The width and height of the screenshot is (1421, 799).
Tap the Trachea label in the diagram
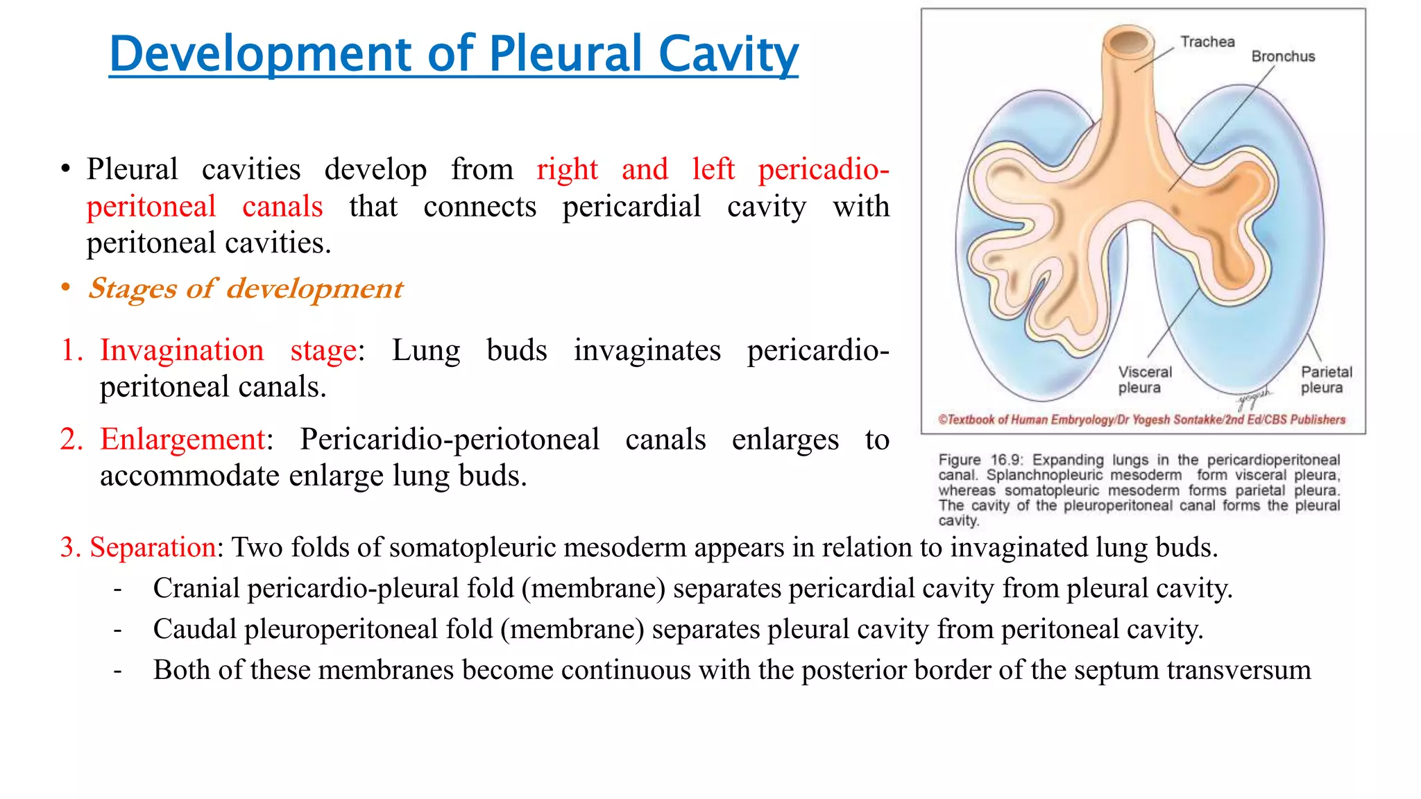point(1207,42)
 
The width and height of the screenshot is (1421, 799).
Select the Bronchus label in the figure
point(1283,56)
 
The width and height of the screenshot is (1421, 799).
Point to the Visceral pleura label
point(1144,379)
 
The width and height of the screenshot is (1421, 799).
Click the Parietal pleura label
point(1326,379)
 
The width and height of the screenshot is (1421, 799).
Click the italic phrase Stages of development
point(245,289)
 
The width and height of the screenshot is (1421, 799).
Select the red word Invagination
point(182,350)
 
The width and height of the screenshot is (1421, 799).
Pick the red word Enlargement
point(182,439)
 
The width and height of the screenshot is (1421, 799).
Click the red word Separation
point(153,547)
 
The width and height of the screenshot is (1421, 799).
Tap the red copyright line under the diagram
point(1141,420)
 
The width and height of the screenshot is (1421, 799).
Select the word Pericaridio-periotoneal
point(449,439)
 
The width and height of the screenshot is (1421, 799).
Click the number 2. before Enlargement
point(71,439)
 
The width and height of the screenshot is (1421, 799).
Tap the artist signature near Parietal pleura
point(1254,397)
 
